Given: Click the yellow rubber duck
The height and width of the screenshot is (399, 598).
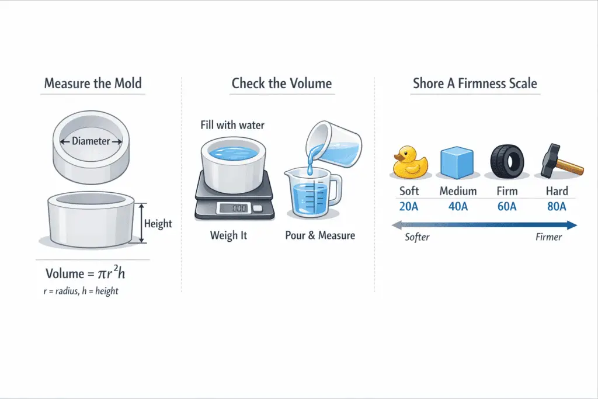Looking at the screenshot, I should [x=410, y=162].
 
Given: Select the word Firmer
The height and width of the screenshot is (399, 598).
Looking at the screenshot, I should [x=548, y=237].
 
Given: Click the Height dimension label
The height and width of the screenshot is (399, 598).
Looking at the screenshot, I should [x=158, y=224].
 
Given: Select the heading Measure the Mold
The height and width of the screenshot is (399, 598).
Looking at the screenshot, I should [x=93, y=84].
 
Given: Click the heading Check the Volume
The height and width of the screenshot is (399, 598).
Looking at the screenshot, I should [x=281, y=84].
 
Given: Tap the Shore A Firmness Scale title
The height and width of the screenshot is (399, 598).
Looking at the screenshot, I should [x=474, y=84].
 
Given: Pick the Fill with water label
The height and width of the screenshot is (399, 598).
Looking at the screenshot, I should [x=232, y=125].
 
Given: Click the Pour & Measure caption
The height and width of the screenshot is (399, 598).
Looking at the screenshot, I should [x=320, y=236].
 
